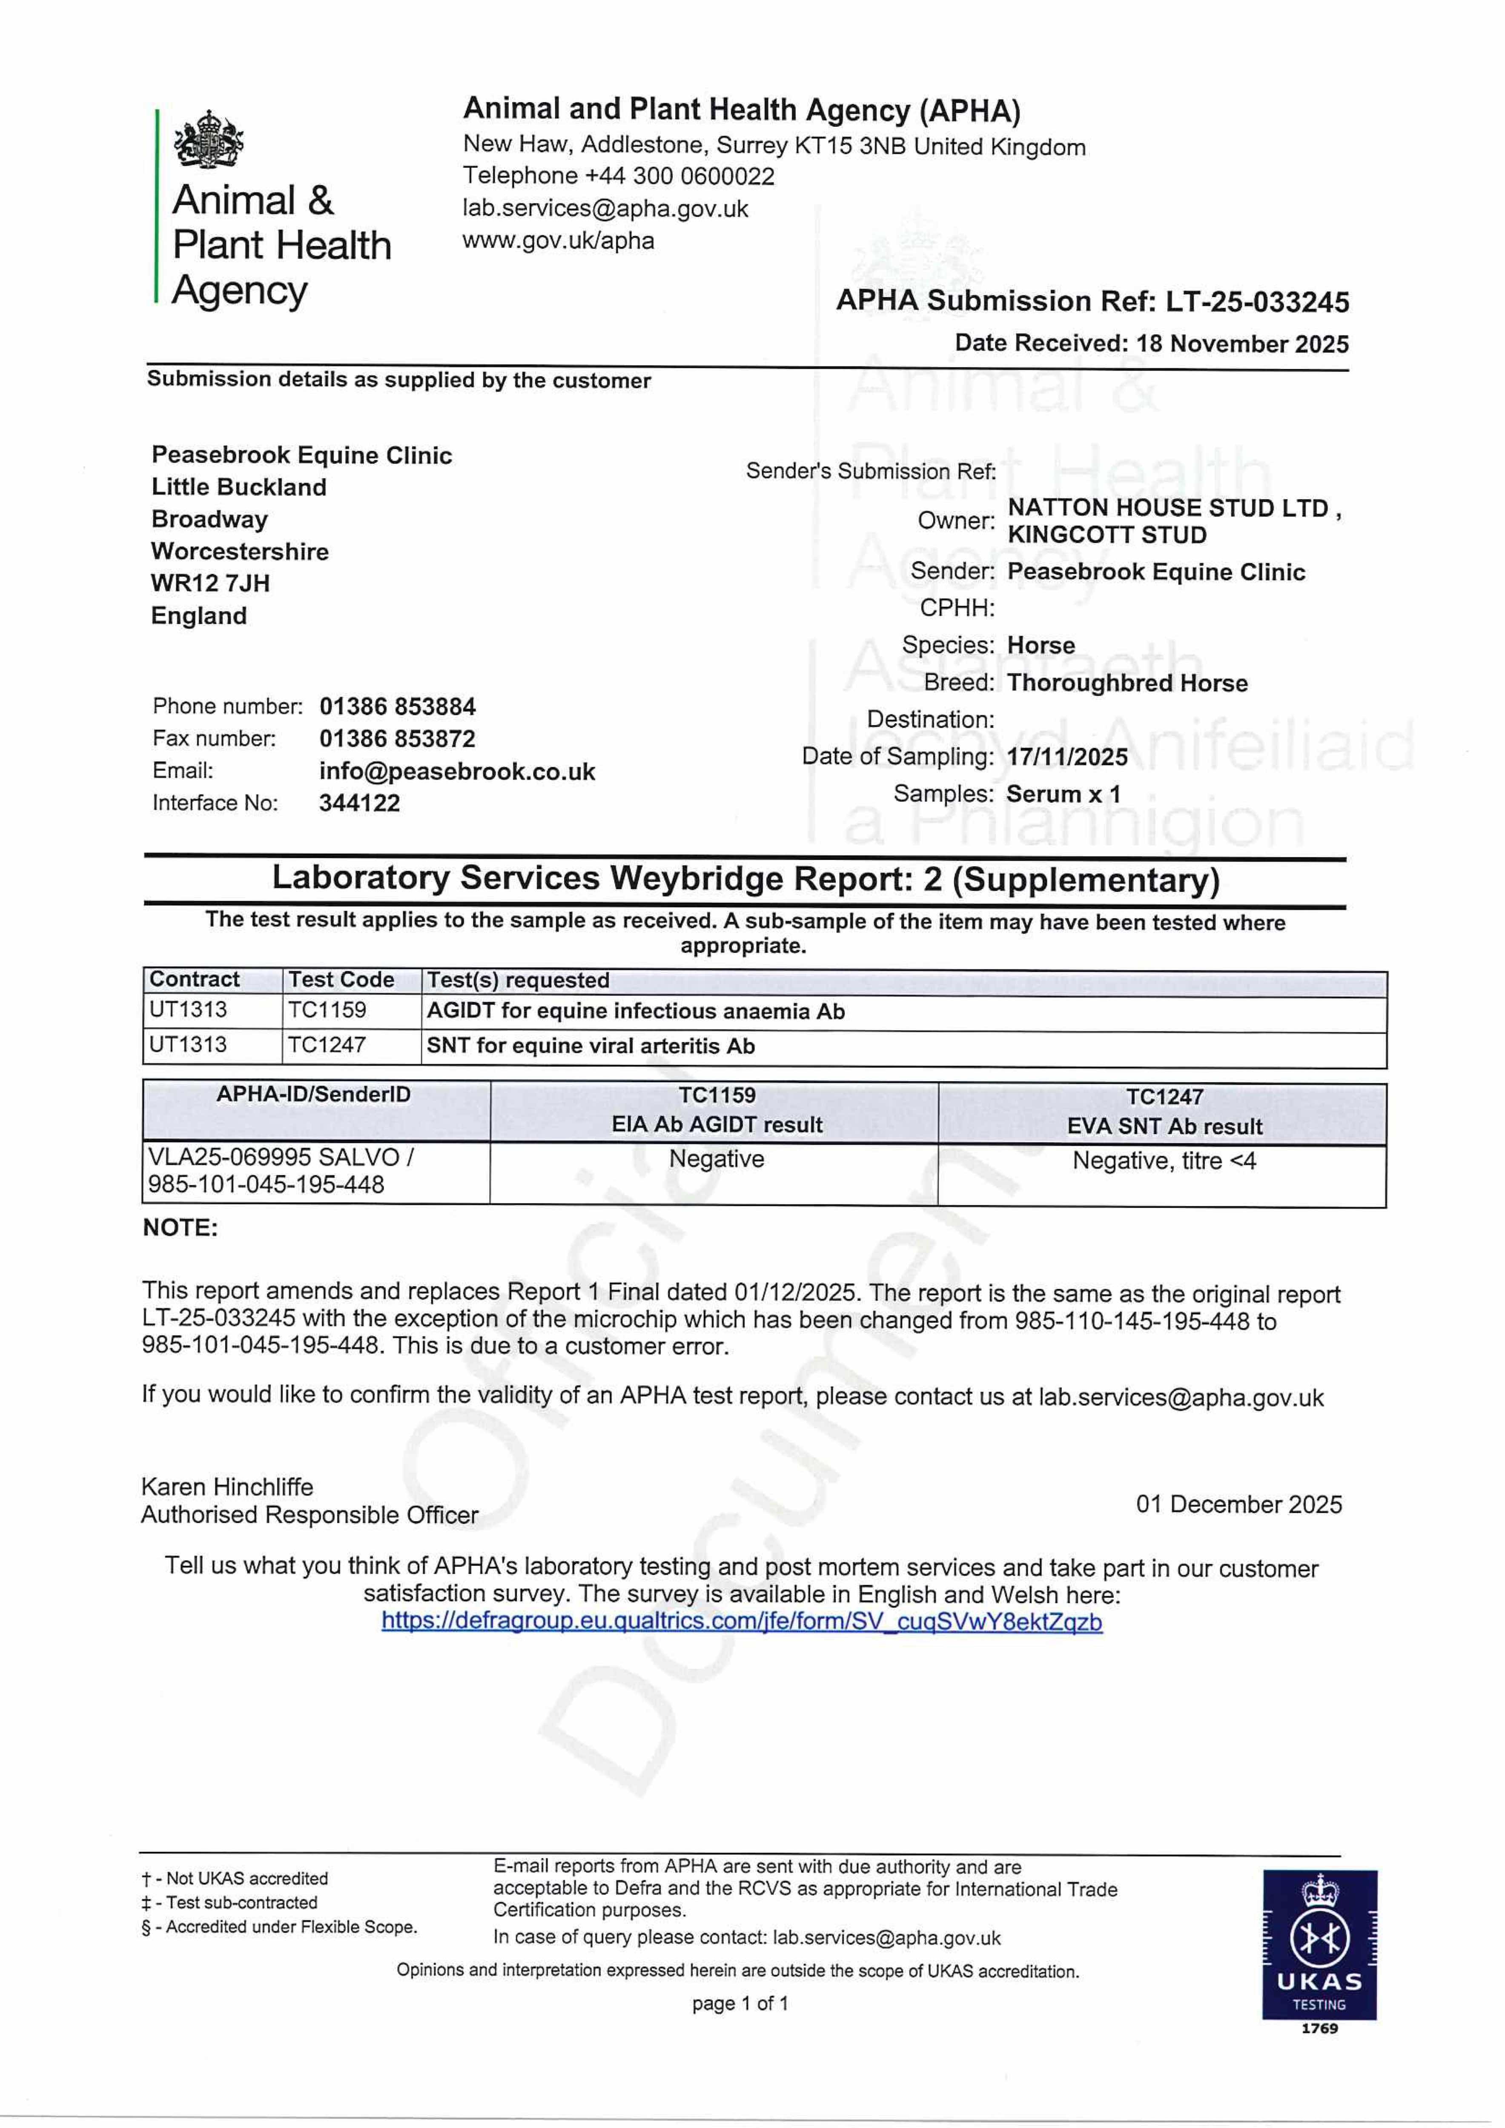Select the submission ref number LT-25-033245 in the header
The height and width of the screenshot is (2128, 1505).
coord(1256,302)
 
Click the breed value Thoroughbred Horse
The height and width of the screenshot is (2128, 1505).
coord(1127,683)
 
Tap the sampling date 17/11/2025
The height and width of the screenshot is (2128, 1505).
coord(1067,757)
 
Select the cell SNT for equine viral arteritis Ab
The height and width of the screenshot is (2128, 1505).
coord(591,1047)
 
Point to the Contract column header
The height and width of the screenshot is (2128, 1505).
coord(195,980)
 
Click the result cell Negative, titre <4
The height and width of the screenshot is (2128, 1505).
coord(1164,1161)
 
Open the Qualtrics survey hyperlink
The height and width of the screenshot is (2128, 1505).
coord(742,1622)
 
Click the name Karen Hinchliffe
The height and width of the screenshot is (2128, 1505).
coord(227,1487)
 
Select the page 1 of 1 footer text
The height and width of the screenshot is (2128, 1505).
coord(740,2004)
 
